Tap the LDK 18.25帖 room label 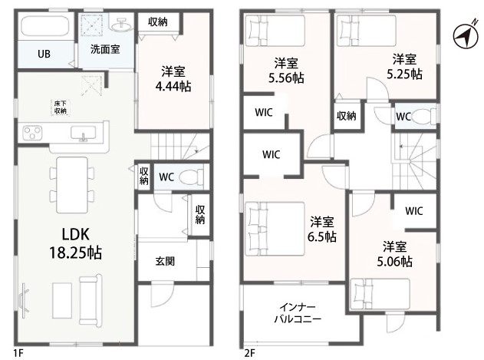[76, 243]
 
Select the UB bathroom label [44, 54]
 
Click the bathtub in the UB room [44, 26]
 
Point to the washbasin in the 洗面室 [122, 25]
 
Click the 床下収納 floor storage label [61, 107]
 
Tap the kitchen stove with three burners [33, 133]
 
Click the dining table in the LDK [72, 185]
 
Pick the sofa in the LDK [91, 299]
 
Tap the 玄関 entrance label [165, 262]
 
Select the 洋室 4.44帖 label [173, 79]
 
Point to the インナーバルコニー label [298, 312]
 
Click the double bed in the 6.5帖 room [275, 229]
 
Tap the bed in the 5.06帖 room [380, 293]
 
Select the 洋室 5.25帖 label [404, 66]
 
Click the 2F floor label [250, 353]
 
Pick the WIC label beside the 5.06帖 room [414, 211]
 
